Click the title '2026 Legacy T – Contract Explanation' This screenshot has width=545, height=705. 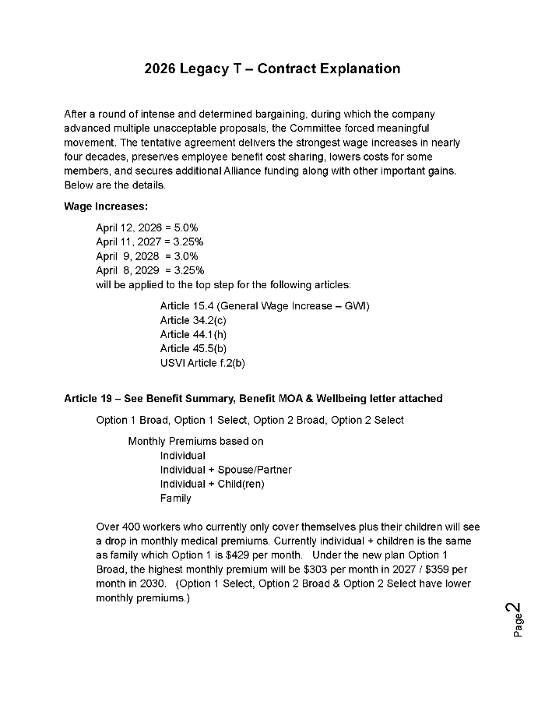tap(272, 69)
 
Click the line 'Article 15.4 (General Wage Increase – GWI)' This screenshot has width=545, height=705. tap(265, 306)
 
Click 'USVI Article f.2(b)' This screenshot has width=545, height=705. tap(202, 362)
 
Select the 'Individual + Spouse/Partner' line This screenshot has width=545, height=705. tap(226, 470)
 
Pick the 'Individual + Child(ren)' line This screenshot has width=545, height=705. tap(213, 484)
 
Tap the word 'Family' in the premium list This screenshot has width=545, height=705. tap(176, 498)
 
